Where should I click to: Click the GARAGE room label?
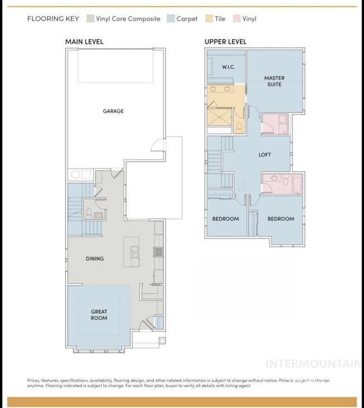pos(113,111)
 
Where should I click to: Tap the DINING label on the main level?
pos(94,259)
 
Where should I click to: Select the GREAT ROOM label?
pos(99,315)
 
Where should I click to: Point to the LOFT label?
pos(265,155)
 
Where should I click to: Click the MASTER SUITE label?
pos(274,81)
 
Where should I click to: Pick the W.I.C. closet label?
pos(228,67)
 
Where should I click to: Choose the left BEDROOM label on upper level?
pos(225,219)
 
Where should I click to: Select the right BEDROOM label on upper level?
pos(281,219)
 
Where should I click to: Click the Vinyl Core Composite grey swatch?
pos(90,19)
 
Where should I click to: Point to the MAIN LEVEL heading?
pos(84,42)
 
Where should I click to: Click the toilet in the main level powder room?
pos(88,214)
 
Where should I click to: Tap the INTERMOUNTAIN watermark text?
pos(312,363)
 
